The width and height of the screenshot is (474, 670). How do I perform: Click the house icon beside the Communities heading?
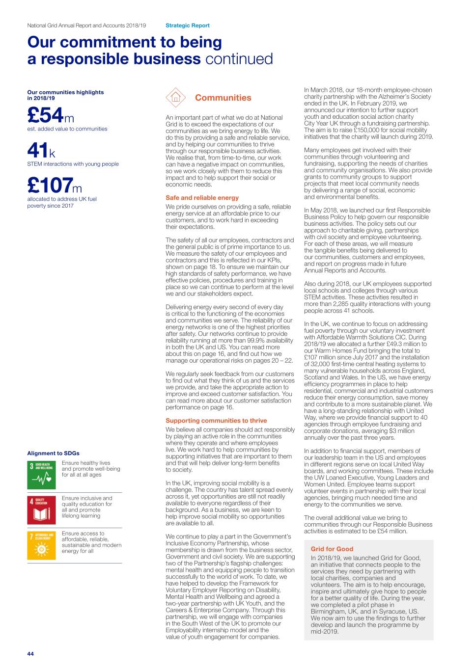[176, 98]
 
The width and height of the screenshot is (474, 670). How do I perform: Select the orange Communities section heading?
[223, 98]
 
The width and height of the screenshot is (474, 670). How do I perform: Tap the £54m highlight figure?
[51, 115]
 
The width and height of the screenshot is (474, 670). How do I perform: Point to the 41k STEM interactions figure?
[41, 151]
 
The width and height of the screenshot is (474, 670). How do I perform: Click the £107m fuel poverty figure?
[55, 186]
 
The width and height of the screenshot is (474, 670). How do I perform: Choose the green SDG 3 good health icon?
[42, 475]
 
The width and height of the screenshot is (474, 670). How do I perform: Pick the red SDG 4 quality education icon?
[42, 510]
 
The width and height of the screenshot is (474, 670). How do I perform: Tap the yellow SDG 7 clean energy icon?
[42, 545]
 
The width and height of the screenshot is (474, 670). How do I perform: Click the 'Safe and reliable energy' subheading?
[202, 198]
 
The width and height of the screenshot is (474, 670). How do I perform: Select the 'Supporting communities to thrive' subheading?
[216, 421]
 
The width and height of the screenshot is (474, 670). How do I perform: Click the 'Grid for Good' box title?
[332, 549]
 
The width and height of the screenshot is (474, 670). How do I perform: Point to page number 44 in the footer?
[30, 654]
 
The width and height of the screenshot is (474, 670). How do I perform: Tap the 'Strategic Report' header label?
[188, 26]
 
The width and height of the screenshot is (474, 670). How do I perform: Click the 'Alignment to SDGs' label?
[53, 454]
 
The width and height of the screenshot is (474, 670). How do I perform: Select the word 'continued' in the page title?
[239, 59]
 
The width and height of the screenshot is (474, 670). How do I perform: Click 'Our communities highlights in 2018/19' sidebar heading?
[65, 95]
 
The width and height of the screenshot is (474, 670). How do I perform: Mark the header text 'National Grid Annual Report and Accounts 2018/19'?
[86, 26]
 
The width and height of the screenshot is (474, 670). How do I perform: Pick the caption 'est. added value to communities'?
[67, 129]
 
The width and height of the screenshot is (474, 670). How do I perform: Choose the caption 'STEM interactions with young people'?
[73, 164]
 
